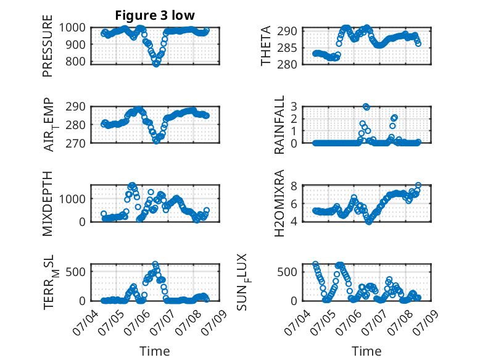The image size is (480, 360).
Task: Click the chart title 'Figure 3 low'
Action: (x=155, y=15)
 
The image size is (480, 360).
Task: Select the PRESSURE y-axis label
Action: (x=48, y=46)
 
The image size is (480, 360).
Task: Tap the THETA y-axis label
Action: (x=266, y=46)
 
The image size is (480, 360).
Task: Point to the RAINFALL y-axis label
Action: (x=279, y=125)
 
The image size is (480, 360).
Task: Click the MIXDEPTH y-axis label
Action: (x=48, y=204)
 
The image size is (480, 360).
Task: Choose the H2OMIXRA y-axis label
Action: (x=279, y=203)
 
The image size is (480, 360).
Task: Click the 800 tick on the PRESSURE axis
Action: (x=76, y=61)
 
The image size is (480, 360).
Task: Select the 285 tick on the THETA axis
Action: (x=287, y=48)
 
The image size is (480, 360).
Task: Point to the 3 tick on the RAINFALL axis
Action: (x=294, y=107)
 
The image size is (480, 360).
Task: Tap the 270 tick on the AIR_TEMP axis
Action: (x=76, y=143)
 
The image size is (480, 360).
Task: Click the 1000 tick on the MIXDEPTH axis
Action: (x=72, y=199)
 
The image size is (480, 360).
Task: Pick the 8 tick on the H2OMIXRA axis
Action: (x=294, y=186)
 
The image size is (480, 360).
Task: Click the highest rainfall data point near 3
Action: (x=366, y=107)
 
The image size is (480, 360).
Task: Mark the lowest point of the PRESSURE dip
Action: (x=156, y=64)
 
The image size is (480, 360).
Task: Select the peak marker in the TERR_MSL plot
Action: (x=155, y=264)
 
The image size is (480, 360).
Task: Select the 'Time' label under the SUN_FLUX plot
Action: (x=366, y=351)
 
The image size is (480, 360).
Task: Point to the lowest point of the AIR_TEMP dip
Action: (x=156, y=141)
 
